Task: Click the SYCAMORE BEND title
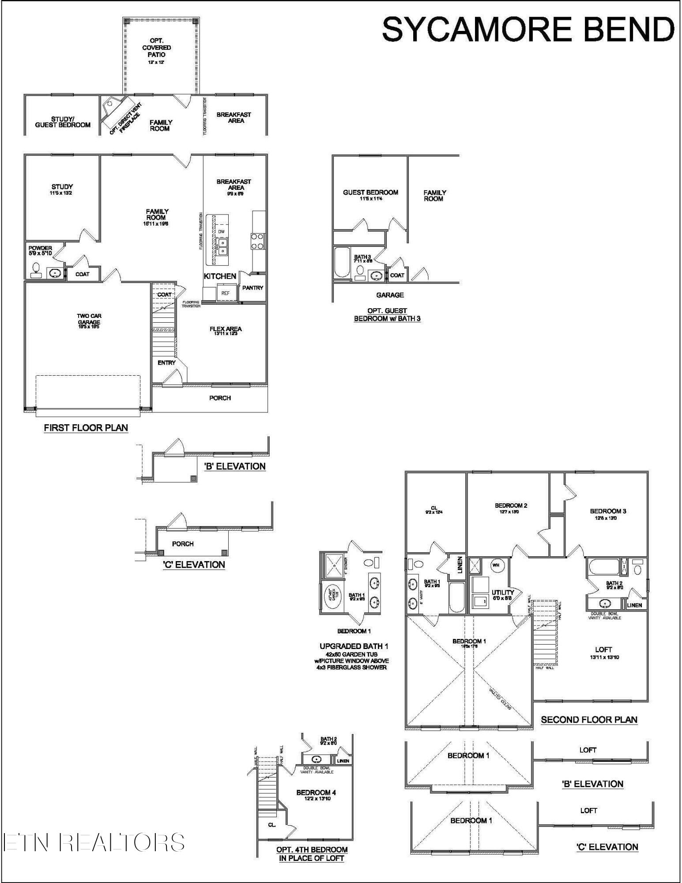(x=528, y=30)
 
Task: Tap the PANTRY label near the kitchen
(x=252, y=288)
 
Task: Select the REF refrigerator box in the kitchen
(x=226, y=293)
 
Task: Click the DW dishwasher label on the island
(x=221, y=232)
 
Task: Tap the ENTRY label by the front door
(x=166, y=362)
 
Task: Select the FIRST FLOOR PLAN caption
(x=86, y=428)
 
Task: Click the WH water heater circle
(x=496, y=565)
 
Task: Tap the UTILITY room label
(x=503, y=592)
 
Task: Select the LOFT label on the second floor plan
(x=603, y=650)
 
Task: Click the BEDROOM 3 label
(x=608, y=511)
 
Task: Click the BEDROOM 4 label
(x=316, y=792)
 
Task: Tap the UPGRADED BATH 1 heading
(x=354, y=646)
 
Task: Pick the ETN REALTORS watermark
(x=94, y=842)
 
